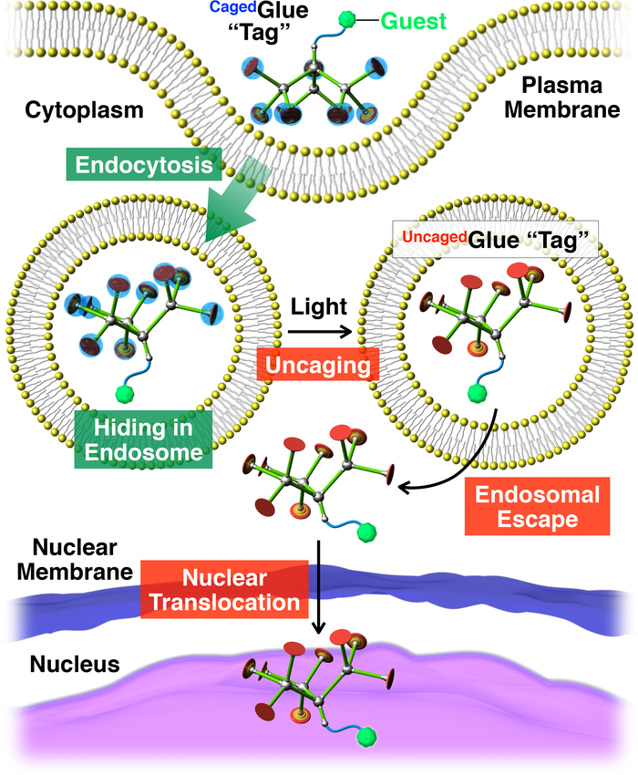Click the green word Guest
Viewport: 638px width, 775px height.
414,21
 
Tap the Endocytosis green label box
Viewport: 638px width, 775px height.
144,165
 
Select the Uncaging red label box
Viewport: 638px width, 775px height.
318,365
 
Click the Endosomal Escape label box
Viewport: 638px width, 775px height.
537,507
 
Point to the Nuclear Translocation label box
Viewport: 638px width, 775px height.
225,590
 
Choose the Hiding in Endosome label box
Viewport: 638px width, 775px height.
143,439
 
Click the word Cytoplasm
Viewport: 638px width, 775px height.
84,109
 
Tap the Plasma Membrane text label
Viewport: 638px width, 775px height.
561,98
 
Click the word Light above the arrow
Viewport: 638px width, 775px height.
319,307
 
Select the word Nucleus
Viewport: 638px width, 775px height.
75,664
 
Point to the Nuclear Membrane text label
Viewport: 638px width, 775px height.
75,560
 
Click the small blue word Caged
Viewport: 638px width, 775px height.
232,7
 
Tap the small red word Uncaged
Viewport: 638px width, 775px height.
435,237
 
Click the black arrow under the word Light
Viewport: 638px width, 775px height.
319,331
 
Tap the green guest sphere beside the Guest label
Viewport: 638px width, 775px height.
347,20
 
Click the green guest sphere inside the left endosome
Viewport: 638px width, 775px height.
125,394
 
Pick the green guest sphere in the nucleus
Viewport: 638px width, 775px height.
366,736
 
